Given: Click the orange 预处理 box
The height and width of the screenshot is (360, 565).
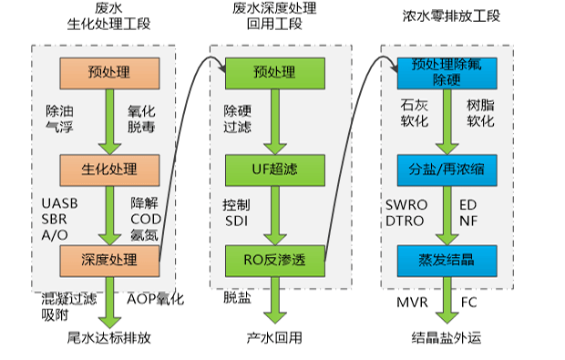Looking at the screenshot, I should [109, 72].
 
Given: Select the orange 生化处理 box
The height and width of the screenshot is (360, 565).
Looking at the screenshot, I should [109, 169].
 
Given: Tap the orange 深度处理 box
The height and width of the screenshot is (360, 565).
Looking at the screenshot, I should [109, 260].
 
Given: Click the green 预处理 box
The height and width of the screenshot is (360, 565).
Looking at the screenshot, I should [274, 72].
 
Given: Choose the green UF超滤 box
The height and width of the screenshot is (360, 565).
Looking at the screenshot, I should [274, 169].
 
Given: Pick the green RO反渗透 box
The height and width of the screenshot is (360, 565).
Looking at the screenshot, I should [274, 260].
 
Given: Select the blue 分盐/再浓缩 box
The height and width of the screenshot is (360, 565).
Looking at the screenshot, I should [447, 169].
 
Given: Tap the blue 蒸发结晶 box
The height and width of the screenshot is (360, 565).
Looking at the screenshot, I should [447, 260].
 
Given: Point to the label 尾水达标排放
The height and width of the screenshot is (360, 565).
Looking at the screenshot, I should [109, 338].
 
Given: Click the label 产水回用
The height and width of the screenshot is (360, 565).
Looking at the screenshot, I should [274, 338].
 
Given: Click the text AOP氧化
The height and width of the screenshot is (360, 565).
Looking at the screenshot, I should [155, 299].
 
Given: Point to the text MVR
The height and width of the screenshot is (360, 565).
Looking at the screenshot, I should [410, 301].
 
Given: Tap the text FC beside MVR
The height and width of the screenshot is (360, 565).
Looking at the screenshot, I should [469, 301].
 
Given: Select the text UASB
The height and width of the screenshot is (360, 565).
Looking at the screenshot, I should [60, 202].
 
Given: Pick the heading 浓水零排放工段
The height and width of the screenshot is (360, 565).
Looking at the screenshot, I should [447, 15].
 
